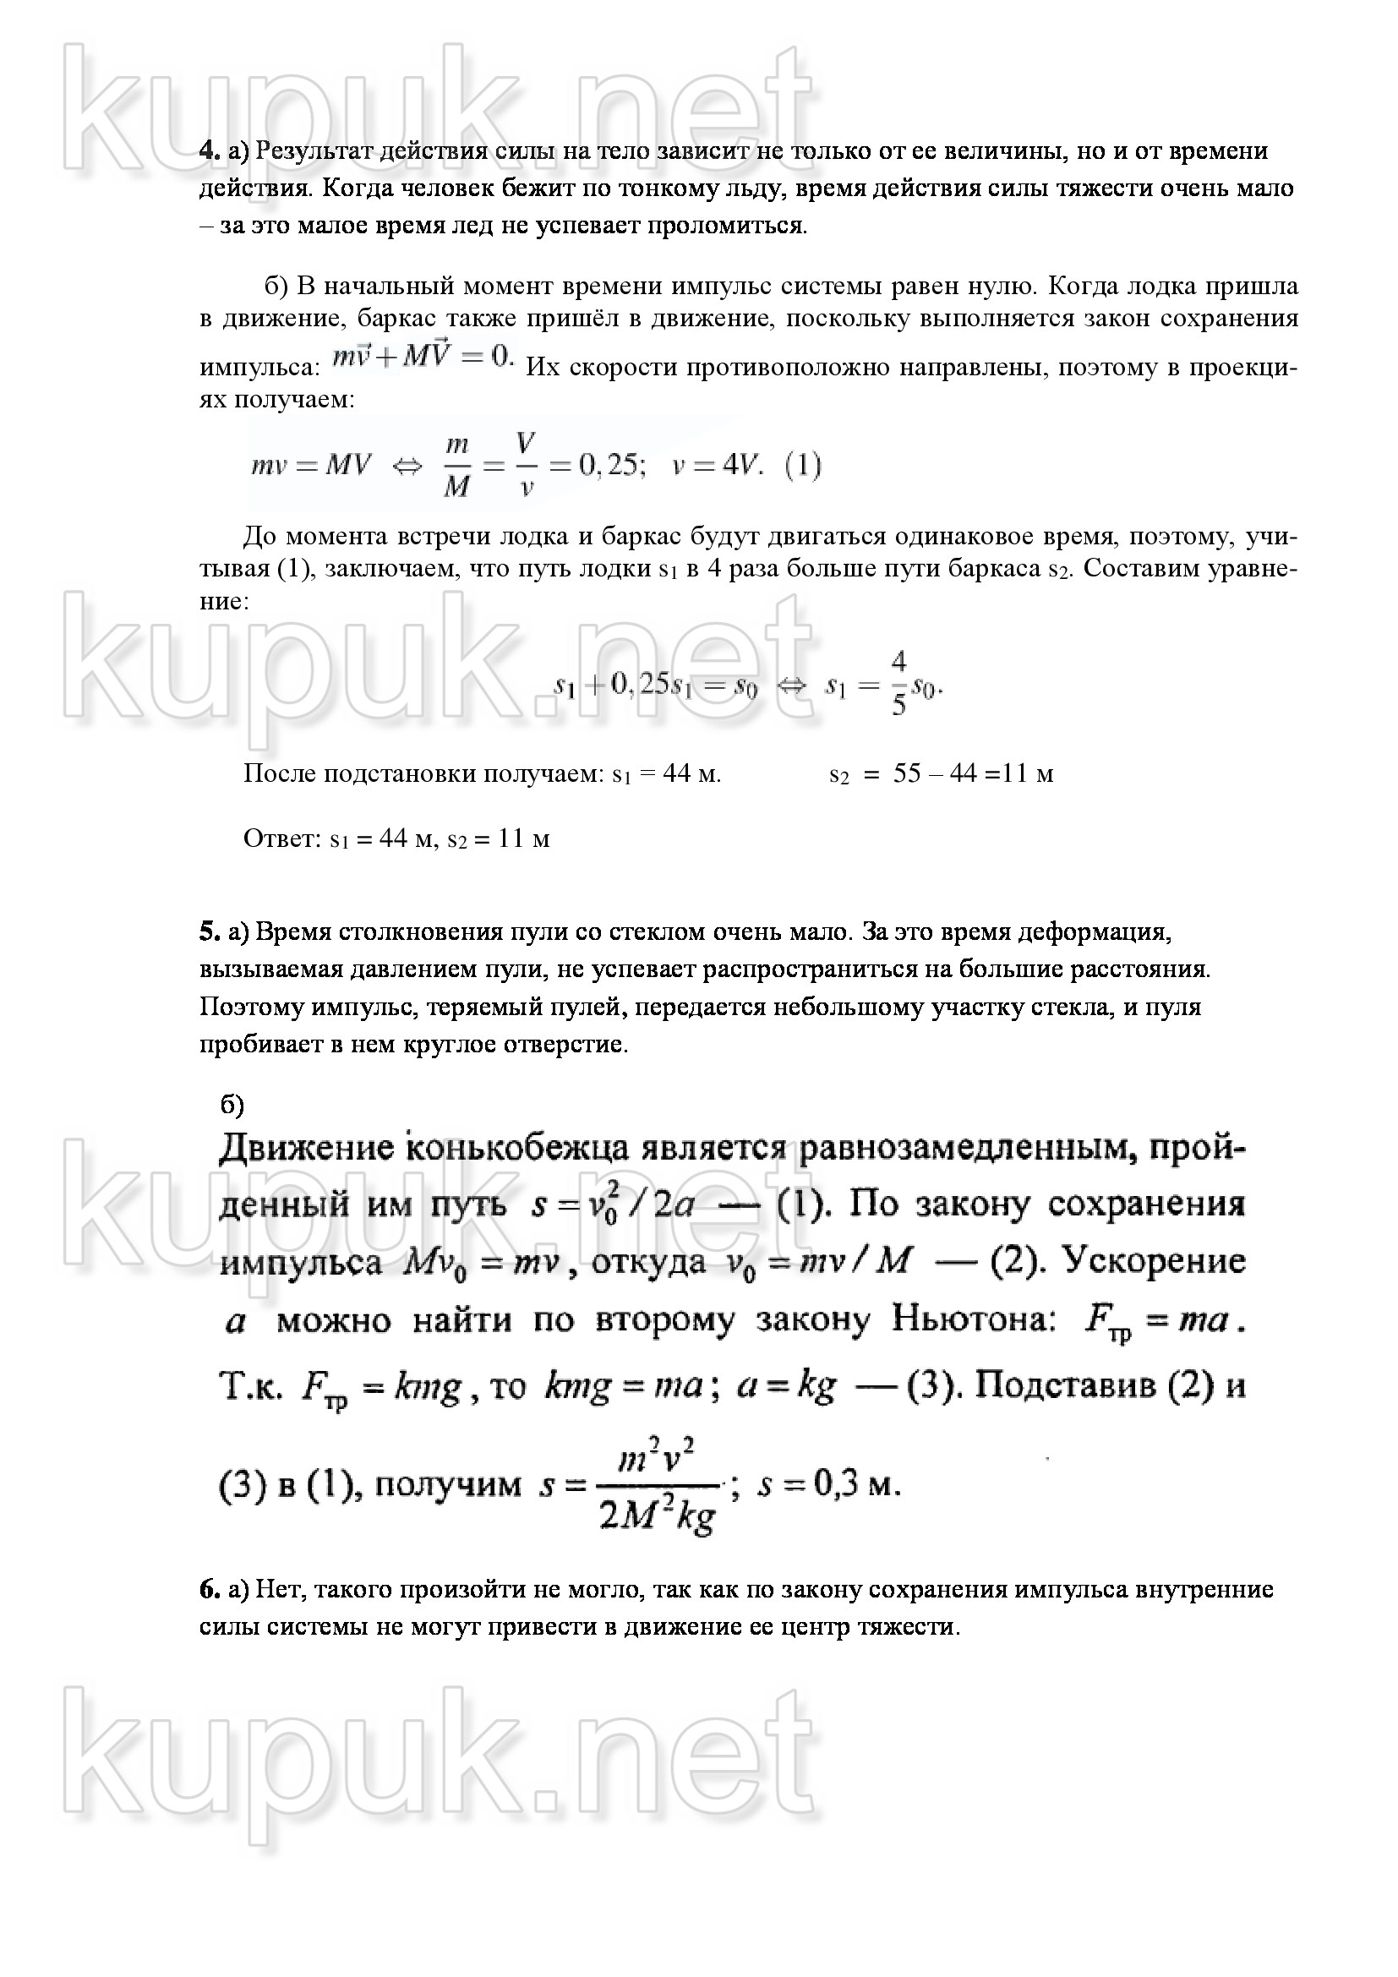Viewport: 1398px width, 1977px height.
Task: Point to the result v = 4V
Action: coord(716,466)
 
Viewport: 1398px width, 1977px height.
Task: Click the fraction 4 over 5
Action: coord(898,684)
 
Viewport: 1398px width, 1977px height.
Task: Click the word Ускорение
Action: coord(1155,1260)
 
